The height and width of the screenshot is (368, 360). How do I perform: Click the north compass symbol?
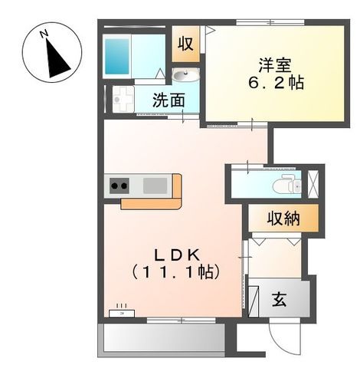tap(52, 52)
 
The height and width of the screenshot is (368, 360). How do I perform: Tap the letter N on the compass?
tap(45, 33)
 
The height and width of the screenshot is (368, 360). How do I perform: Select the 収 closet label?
tap(185, 44)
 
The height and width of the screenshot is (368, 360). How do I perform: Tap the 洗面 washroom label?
tap(168, 100)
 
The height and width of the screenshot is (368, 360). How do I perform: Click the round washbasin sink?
tap(185, 74)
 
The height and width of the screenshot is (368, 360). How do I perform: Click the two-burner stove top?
tap(119, 185)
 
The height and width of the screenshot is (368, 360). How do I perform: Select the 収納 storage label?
tap(282, 219)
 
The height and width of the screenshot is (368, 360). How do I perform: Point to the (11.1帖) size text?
tap(175, 272)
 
